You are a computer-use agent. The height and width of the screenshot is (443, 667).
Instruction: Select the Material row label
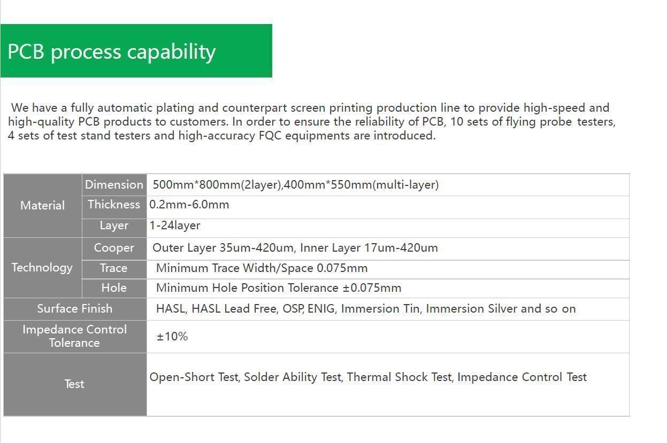pos(43,205)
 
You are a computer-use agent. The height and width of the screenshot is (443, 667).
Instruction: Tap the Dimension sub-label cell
pos(114,184)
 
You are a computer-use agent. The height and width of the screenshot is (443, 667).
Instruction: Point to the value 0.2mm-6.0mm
pos(189,205)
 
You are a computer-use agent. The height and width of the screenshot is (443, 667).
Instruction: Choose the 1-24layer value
pos(175,226)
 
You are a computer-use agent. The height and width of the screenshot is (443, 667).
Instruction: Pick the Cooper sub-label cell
pos(114,248)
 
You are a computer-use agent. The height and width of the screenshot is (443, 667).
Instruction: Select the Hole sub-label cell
pos(114,288)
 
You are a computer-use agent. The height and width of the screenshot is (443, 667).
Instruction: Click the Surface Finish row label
pos(75,308)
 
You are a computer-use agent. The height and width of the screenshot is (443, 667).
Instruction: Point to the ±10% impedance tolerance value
pos(172,337)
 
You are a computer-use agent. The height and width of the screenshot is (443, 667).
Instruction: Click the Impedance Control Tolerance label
pos(75,336)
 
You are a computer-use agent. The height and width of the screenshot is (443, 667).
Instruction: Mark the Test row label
pos(74,384)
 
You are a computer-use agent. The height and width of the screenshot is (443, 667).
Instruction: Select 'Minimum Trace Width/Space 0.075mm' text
pos(262,268)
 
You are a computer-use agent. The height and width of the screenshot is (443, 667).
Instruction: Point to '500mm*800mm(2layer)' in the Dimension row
pos(217,185)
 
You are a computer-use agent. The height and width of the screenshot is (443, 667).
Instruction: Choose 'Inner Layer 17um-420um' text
pos(369,248)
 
